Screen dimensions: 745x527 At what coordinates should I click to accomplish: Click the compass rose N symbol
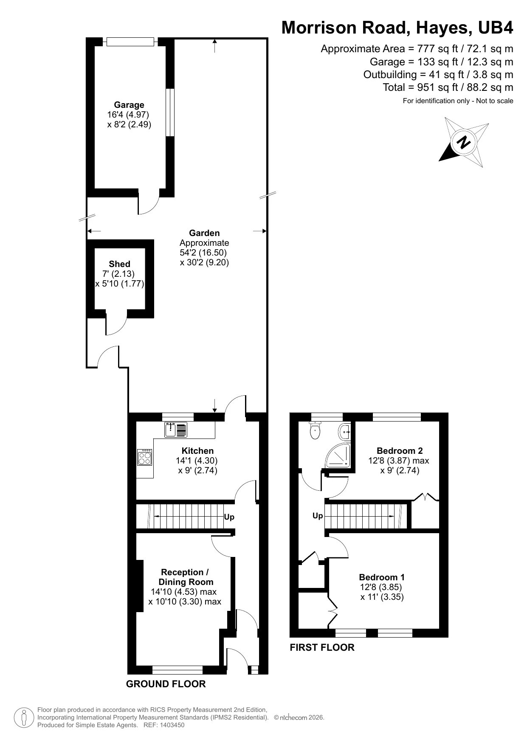click(464, 142)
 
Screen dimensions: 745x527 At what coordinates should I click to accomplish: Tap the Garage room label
click(129, 105)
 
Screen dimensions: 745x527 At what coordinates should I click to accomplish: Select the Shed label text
click(119, 264)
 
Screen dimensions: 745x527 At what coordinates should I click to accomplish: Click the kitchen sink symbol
click(176, 430)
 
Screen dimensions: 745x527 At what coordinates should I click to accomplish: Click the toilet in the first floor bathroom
click(315, 431)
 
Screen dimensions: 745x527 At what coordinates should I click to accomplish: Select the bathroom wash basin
click(345, 432)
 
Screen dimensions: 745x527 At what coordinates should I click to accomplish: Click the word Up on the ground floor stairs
click(229, 517)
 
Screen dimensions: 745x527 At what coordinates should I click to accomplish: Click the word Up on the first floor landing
click(318, 516)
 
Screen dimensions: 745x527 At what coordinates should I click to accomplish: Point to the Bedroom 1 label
click(381, 577)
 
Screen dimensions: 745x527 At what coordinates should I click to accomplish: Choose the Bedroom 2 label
click(400, 451)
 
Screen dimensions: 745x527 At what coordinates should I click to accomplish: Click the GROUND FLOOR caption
click(166, 684)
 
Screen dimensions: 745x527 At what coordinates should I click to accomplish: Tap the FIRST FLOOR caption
click(322, 647)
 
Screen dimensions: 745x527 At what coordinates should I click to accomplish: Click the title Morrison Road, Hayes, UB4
click(397, 28)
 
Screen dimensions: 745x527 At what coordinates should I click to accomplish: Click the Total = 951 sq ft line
click(448, 87)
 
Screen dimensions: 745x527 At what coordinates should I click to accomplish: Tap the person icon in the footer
click(24, 717)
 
